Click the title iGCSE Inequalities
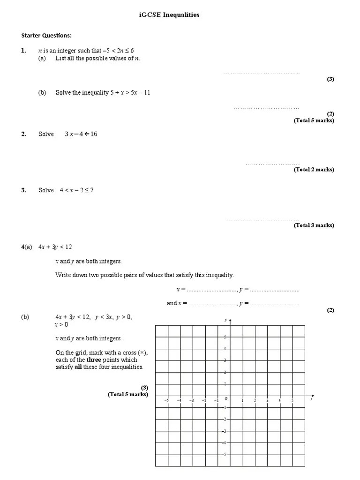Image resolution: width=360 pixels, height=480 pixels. [x=169, y=15]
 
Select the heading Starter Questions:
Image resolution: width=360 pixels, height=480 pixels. [x=46, y=35]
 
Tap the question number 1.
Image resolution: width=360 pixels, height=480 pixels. [x=23, y=50]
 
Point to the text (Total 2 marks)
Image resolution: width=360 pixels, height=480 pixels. [x=314, y=170]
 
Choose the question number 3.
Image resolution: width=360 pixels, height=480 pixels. [x=23, y=190]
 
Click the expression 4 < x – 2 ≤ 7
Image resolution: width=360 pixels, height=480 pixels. [x=76, y=190]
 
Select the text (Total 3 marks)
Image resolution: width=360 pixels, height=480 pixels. [x=314, y=225]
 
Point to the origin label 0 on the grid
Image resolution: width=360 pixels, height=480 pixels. [x=225, y=399]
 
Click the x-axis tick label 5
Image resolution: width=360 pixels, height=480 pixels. [x=292, y=401]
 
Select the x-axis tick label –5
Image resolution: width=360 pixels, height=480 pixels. [x=166, y=401]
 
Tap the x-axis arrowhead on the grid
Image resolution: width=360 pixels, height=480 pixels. [x=313, y=395]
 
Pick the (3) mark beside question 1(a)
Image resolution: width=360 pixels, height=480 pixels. [x=330, y=79]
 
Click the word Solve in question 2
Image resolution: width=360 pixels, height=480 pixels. [x=46, y=135]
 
